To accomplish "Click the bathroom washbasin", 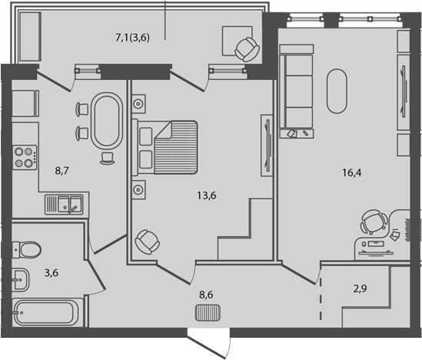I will [20, 278].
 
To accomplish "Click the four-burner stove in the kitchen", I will [25, 157].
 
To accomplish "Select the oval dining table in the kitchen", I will [106, 121].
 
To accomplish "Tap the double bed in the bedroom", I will [167, 145].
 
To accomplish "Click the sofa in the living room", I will [297, 87].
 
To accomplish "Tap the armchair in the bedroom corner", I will [146, 242].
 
